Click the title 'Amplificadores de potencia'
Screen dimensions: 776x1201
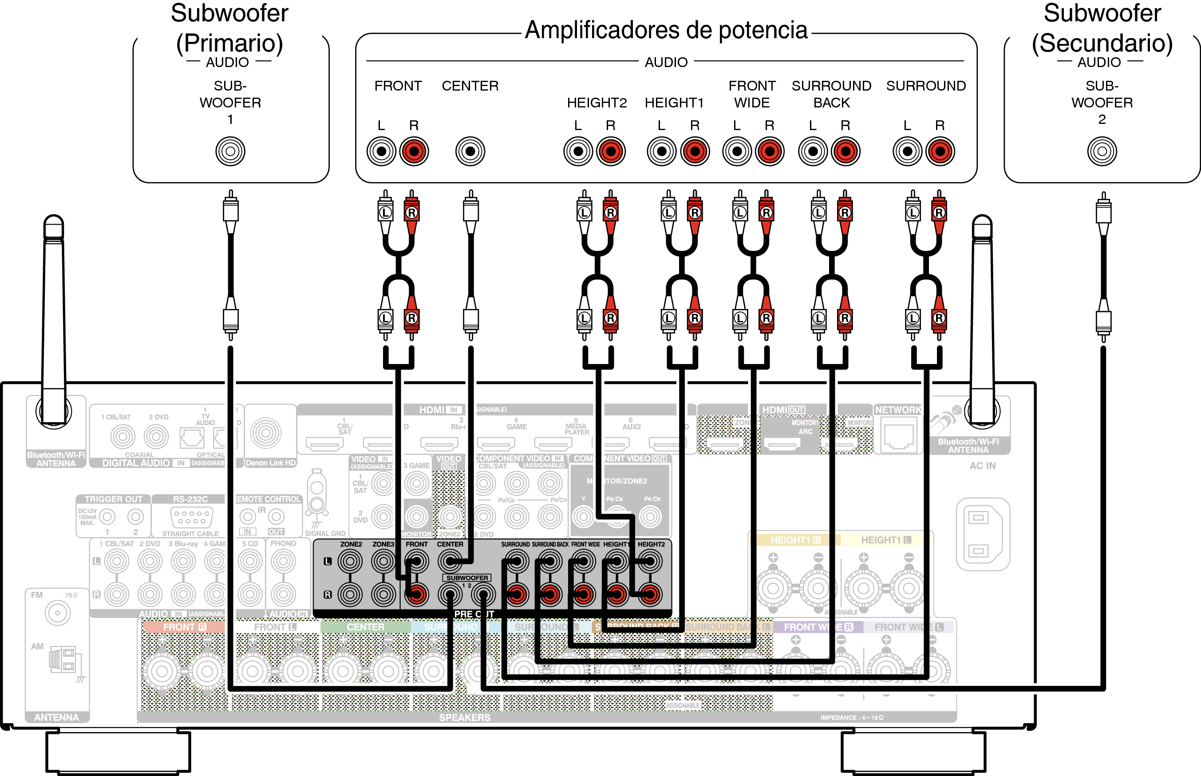[666, 30]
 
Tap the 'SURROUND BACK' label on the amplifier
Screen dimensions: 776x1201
[831, 94]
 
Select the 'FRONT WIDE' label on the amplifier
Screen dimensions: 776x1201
[752, 94]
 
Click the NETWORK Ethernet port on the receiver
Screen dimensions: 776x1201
[899, 436]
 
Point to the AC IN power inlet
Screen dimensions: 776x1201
[983, 534]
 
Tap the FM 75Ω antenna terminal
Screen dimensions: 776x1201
[57, 613]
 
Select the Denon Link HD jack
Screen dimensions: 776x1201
[265, 432]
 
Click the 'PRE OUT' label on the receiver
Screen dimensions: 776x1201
[474, 614]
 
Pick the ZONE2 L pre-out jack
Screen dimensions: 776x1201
[351, 561]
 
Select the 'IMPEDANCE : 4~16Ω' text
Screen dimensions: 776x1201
[851, 717]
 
